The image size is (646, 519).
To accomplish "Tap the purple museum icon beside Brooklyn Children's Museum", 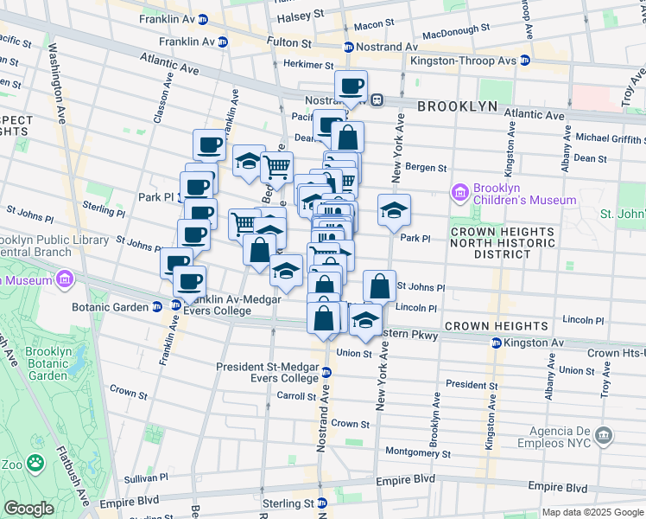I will pos(460,191).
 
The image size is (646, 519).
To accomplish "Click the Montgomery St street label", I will pos(416,452).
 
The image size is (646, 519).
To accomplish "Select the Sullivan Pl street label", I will pos(144,477).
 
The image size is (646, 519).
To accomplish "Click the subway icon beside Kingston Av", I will pos(497,343).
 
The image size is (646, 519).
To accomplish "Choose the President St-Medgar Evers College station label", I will pos(268,372).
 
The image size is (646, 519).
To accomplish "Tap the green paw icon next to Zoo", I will pos(35,465).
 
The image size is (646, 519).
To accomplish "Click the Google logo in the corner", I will pos(28,509).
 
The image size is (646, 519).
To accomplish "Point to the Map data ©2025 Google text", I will pos(592,512).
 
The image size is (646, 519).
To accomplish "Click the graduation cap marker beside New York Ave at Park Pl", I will pos(394,209).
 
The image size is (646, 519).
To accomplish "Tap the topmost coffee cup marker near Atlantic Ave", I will pos(351,86).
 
